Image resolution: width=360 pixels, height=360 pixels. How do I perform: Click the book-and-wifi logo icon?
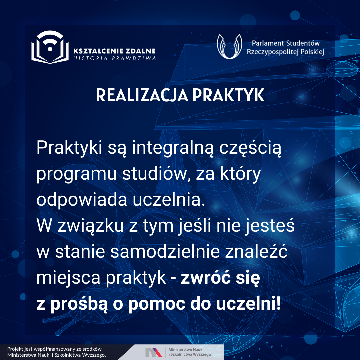50,47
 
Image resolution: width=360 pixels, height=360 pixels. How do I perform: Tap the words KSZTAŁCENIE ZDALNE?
115,51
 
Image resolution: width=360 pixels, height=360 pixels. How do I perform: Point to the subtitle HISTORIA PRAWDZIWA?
115,58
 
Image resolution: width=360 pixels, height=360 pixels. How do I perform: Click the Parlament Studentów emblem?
229,46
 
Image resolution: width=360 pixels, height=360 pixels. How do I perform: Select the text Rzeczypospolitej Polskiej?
285,52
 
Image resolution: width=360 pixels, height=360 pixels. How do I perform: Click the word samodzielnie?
165,252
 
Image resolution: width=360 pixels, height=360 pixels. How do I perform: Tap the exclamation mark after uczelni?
279,304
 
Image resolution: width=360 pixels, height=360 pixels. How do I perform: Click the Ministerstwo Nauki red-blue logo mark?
154,352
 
